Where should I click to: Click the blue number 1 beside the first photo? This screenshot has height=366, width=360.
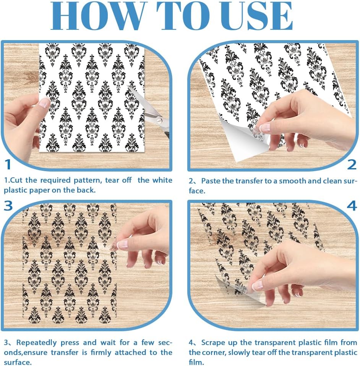(x=8, y=164)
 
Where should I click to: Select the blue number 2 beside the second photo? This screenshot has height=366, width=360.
(x=352, y=165)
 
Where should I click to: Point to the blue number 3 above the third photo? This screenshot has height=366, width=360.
(x=8, y=206)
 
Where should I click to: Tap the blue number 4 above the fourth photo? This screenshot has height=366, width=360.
(x=352, y=206)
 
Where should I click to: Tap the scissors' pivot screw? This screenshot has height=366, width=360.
(x=159, y=120)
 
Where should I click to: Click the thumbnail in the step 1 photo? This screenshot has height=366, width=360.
(x=44, y=103)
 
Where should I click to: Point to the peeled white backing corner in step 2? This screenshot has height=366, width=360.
(x=243, y=140)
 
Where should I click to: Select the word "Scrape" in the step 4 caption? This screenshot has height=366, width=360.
(x=213, y=343)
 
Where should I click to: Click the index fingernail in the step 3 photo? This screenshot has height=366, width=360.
(x=122, y=244)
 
